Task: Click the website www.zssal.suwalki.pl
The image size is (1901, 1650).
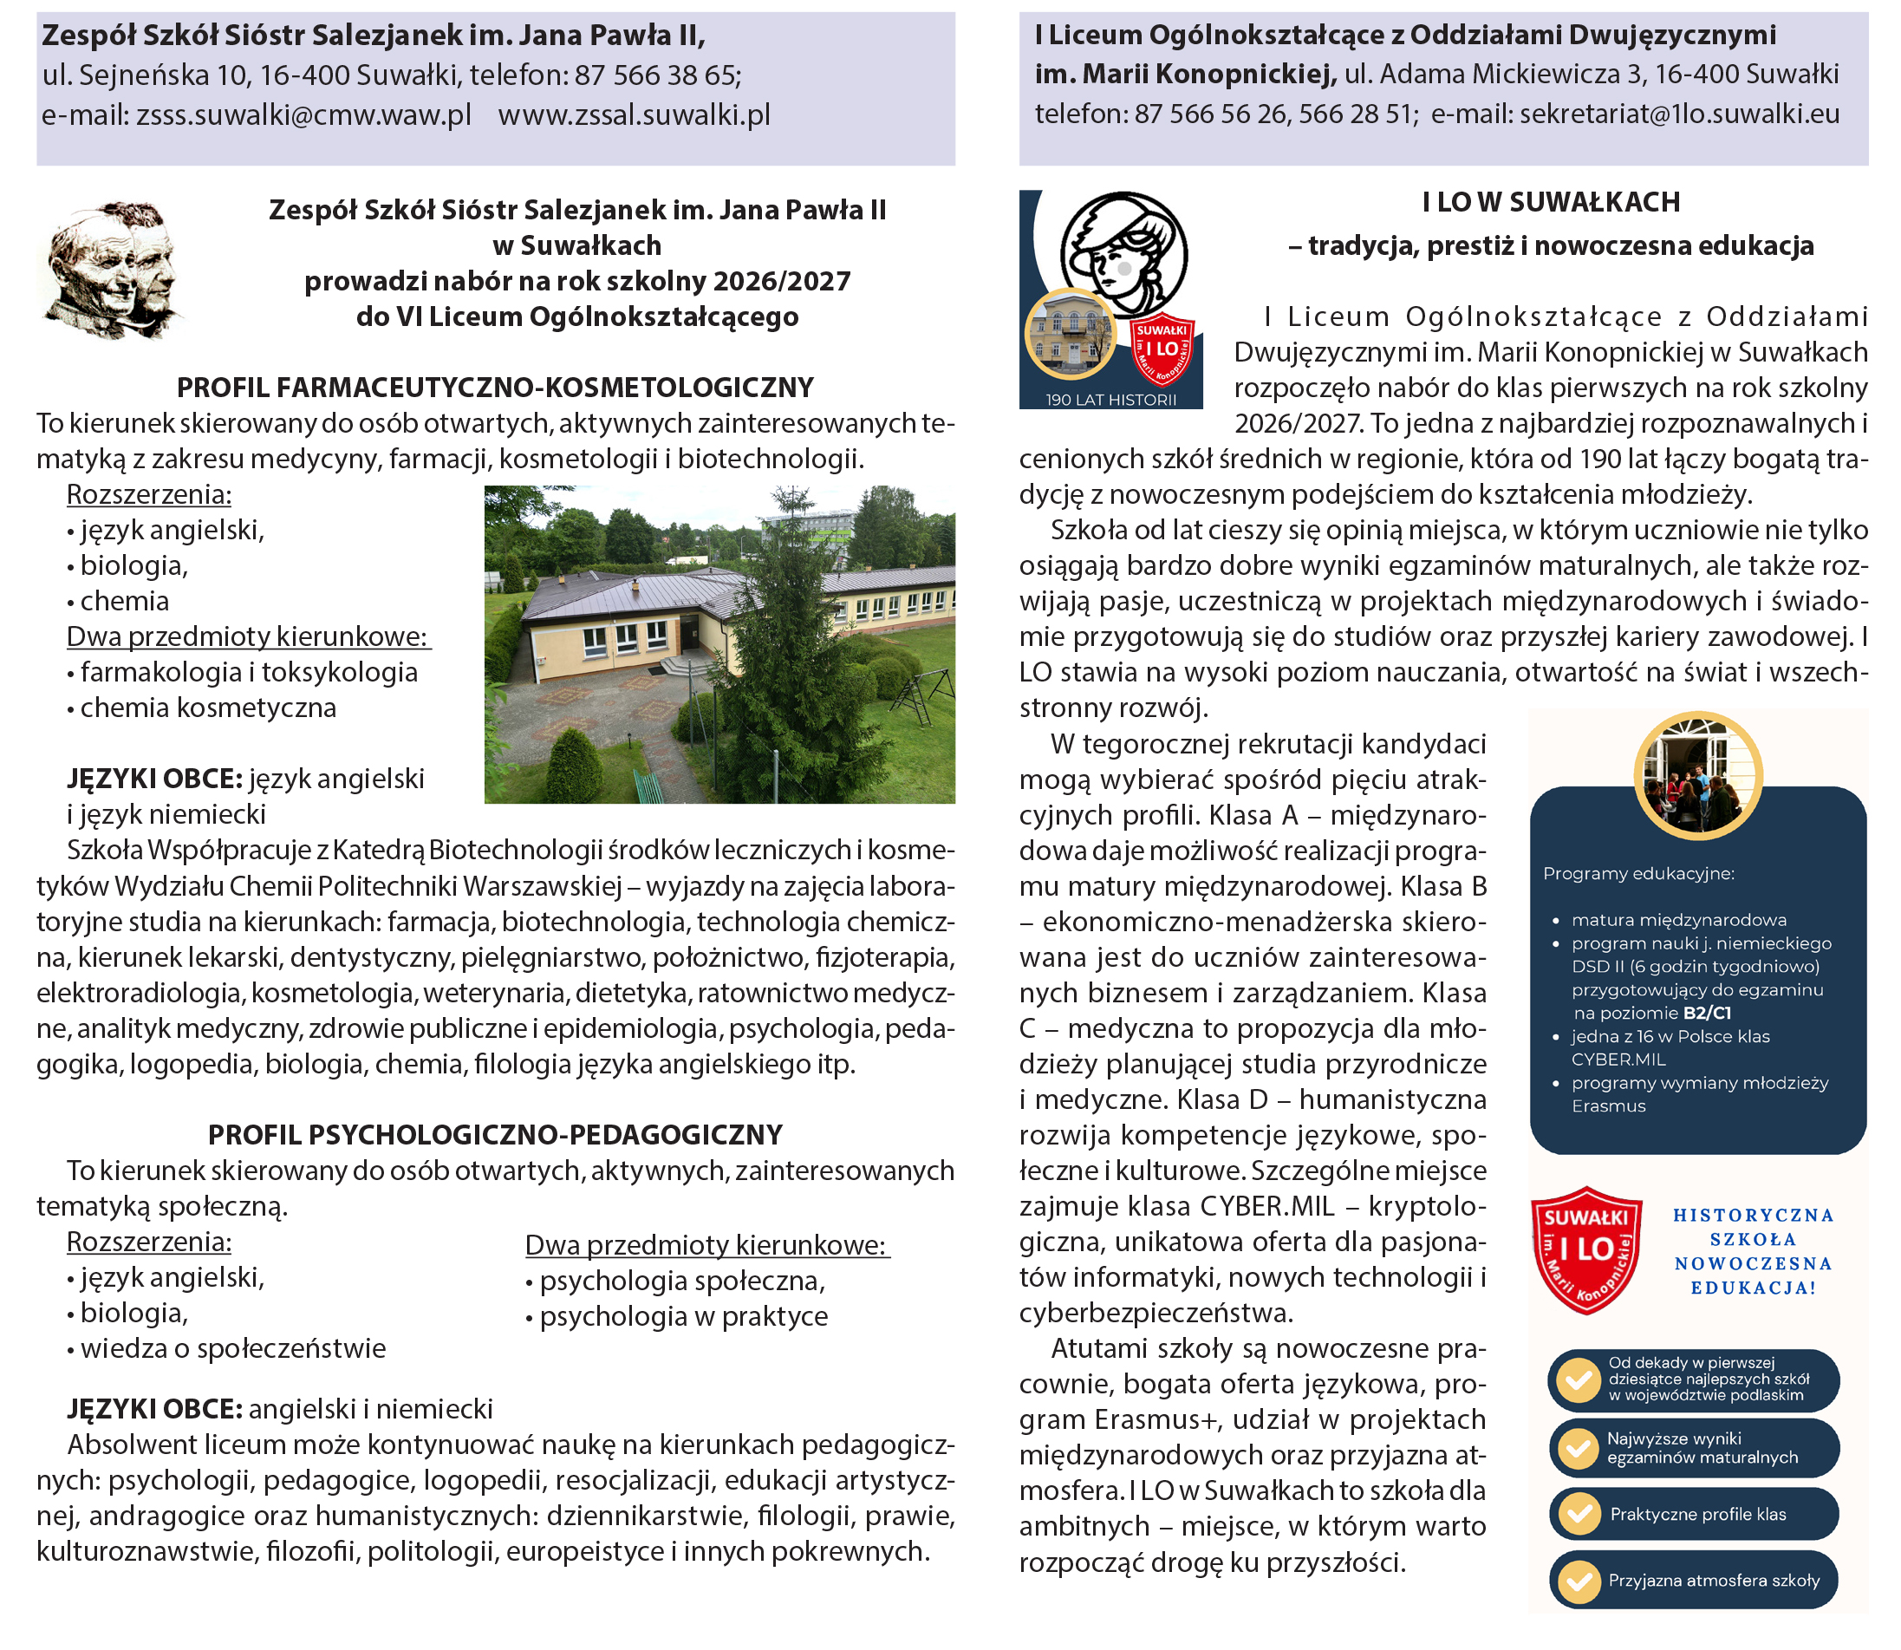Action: coord(634,115)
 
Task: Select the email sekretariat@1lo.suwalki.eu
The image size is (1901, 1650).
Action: coord(1679,114)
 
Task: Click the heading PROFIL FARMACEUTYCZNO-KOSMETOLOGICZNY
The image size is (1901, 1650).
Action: coord(494,388)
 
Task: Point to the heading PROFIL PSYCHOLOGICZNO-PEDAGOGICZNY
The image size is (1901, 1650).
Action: coord(494,1134)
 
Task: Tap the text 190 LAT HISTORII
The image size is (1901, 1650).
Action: coord(1110,400)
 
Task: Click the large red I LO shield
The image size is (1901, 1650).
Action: coord(1585,1249)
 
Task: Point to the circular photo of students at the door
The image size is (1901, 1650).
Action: coord(1696,775)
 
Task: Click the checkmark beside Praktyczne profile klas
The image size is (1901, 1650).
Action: coord(1579,1514)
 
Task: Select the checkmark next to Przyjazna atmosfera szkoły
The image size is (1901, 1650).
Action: coord(1579,1581)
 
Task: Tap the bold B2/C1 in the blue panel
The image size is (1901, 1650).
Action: coord(1707,1013)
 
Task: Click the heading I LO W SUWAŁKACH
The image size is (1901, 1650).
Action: coord(1550,202)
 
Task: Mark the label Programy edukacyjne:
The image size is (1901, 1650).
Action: coord(1637,873)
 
